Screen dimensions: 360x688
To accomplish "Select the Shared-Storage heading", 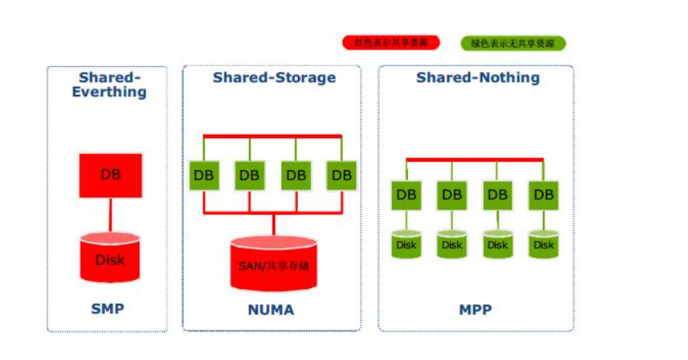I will pos(274,78).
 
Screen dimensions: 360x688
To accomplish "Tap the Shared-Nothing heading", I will pos(477,78).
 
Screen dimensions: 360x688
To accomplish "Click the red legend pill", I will pos(391,42).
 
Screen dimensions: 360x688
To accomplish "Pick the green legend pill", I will pos(513,43).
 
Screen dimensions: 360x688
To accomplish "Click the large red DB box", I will pos(110,175).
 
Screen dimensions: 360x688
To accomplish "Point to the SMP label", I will pos(108,309).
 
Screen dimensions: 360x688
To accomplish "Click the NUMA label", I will pos(270,310).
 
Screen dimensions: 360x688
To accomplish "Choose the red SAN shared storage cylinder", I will pos(273,263).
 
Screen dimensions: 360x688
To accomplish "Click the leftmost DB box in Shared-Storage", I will pos(204,175).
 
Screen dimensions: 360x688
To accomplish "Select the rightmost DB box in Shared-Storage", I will pos(342,175).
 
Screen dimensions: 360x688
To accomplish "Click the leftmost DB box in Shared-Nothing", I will pos(406,195).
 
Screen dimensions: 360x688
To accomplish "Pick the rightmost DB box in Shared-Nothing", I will pos(544,195).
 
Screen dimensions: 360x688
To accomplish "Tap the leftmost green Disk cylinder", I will pos(406,244).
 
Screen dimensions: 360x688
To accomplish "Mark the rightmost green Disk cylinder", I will pos(544,244).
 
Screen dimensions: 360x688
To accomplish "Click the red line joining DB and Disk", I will pos(110,215).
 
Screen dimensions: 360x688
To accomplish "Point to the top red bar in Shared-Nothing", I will pos(474,159).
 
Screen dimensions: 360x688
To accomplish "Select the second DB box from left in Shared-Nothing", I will pos(451,195).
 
